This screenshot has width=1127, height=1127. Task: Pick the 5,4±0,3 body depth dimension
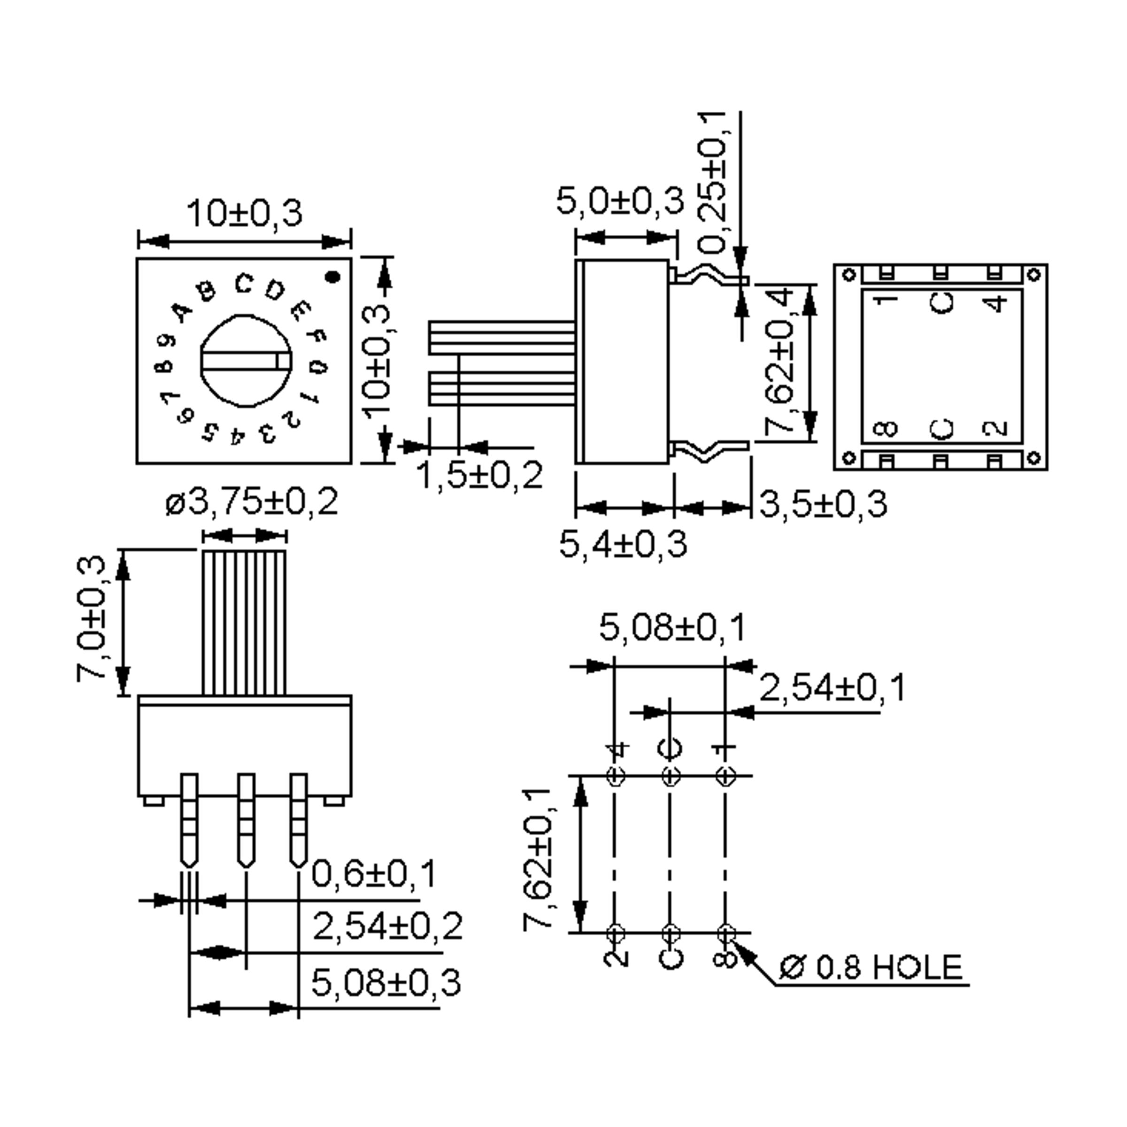pyautogui.click(x=623, y=544)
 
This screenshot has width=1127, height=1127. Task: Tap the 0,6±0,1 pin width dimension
pyautogui.click(x=374, y=873)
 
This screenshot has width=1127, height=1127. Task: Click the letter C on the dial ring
pyautogui.click(x=243, y=284)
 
